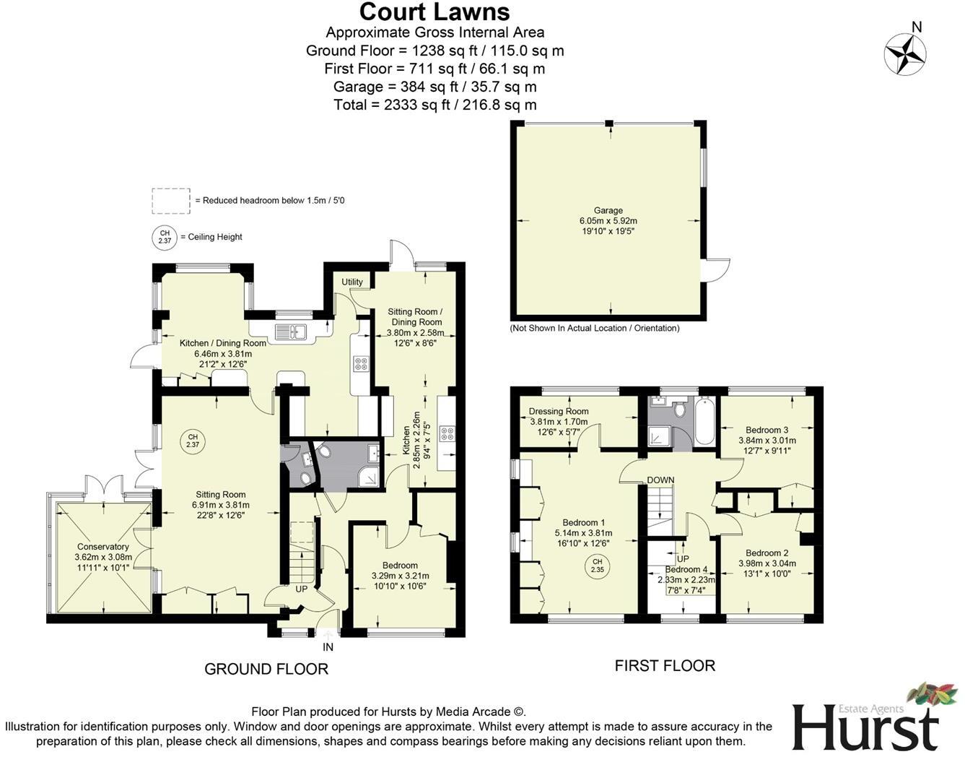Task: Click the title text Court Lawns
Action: coord(435,12)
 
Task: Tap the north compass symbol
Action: coord(905,53)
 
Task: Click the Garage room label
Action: coord(608,210)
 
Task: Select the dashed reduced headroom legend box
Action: coord(171,201)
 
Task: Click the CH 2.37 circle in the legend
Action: coord(164,237)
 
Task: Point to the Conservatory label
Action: coord(102,547)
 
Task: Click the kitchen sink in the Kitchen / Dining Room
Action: coord(292,332)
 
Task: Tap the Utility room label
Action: coord(352,282)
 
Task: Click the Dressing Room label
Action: coord(559,411)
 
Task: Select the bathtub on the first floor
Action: coord(704,420)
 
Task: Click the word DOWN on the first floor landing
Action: coord(660,480)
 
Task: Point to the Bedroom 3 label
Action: coord(767,430)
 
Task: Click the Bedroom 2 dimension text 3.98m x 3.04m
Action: coord(767,563)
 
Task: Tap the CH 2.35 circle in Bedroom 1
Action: coord(597,565)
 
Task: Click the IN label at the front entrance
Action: coord(328,647)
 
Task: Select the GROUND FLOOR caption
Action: coord(266,669)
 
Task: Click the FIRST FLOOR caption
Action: coord(665,665)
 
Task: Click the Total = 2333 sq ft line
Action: coord(435,105)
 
